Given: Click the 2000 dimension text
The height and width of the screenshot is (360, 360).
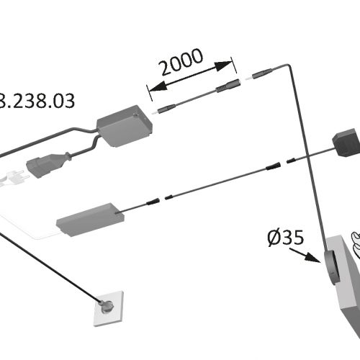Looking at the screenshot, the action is click(181, 61).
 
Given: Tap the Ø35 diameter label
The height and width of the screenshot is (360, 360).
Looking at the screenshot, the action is click(286, 238).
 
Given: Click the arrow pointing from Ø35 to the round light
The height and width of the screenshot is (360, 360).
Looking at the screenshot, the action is click(305, 256).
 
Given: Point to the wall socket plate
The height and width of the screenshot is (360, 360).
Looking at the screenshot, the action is click(109, 309).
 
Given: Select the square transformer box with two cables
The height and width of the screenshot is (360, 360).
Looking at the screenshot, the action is click(125, 126).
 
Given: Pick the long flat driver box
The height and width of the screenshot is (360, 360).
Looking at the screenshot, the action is click(90, 220).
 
